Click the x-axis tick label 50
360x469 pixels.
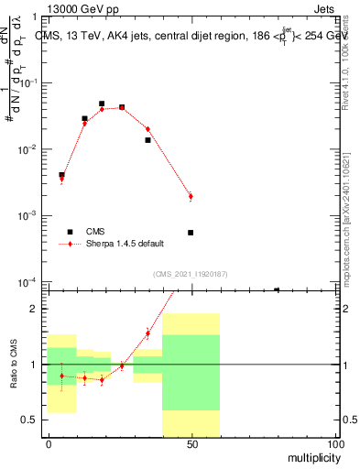click(191, 444)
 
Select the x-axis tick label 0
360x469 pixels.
click(49, 444)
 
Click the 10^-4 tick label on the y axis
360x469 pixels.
click(28, 281)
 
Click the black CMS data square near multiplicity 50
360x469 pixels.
click(191, 233)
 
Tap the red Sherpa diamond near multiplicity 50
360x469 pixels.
click(191, 196)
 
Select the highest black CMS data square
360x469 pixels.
click(102, 104)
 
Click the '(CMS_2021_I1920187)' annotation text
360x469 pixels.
click(189, 273)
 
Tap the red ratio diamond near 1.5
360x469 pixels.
click(147, 333)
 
